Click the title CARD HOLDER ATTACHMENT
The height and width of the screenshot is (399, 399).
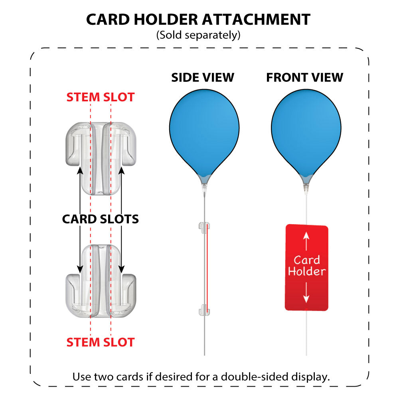tap(198, 19)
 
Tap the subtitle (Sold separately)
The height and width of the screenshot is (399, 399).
tap(198, 35)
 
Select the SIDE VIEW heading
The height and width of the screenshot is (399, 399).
tap(203, 77)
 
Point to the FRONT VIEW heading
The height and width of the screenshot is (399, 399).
tap(305, 77)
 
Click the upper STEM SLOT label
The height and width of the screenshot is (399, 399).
tap(101, 97)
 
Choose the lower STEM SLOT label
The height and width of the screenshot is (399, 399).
tap(101, 342)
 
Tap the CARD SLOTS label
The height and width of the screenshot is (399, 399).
tap(101, 219)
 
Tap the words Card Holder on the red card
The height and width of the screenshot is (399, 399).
tap(307, 266)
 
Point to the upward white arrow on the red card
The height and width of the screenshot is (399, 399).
tap(306, 241)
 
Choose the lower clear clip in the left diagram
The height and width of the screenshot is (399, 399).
tap(101, 279)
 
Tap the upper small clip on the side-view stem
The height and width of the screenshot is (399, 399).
tap(203, 227)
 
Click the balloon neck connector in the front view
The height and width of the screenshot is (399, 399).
tap(306, 185)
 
